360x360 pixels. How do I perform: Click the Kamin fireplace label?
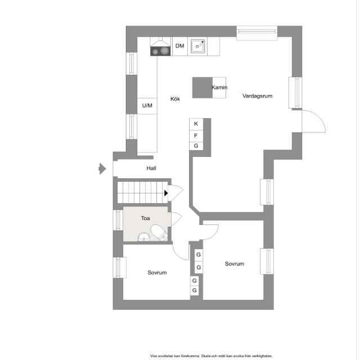pyautogui.click(x=219, y=88)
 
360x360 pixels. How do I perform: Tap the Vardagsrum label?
pyautogui.click(x=257, y=96)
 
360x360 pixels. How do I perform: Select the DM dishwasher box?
pyautogui.click(x=179, y=46)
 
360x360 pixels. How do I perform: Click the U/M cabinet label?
pyautogui.click(x=147, y=105)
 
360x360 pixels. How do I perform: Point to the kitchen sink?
pyautogui.click(x=197, y=46)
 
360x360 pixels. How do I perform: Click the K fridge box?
pyautogui.click(x=196, y=124)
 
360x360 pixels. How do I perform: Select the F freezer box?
pyautogui.click(x=196, y=135)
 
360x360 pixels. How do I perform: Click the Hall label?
pyautogui.click(x=151, y=168)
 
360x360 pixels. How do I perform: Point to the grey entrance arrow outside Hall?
pyautogui.click(x=102, y=168)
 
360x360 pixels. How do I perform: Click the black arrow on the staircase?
pyautogui.click(x=166, y=193)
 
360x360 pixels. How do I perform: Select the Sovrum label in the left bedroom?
pyautogui.click(x=157, y=273)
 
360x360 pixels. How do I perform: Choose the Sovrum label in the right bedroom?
pyautogui.click(x=234, y=264)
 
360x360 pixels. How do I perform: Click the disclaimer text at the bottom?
pyautogui.click(x=211, y=355)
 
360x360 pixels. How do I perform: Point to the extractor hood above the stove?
pyautogui.click(x=160, y=42)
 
